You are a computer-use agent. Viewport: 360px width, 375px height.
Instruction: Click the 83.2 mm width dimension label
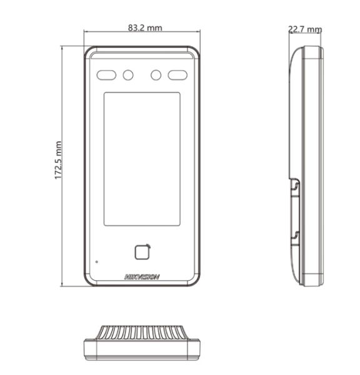tap(145, 27)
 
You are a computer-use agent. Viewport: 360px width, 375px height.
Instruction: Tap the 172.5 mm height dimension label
tap(58, 160)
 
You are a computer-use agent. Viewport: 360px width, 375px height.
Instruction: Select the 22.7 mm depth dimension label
tap(305, 29)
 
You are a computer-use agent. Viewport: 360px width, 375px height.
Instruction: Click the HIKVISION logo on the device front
tap(142, 277)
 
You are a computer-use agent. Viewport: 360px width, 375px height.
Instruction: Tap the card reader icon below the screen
tap(142, 252)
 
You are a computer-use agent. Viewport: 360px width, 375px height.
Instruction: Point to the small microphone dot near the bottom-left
tap(97, 262)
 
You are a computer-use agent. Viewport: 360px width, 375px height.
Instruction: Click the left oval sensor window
tap(106, 75)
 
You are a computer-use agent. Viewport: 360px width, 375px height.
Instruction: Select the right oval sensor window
tap(177, 75)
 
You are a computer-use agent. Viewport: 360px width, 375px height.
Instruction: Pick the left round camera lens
tap(128, 75)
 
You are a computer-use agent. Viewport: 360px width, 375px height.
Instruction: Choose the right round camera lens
tap(156, 75)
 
